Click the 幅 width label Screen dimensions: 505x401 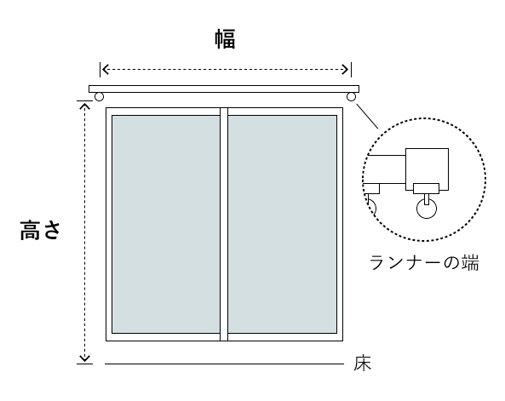[225, 39]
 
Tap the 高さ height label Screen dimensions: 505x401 [40, 230]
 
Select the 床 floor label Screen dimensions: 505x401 [362, 364]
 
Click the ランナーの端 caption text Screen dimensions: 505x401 [424, 262]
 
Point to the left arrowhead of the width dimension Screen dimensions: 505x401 [105, 69]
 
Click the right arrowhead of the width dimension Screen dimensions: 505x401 [346, 69]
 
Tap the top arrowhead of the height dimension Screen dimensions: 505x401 [84, 106]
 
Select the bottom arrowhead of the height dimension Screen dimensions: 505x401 [84, 358]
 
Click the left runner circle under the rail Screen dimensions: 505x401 [99, 96]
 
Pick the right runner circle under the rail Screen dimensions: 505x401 [351, 96]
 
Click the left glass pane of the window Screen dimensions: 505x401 [166, 224]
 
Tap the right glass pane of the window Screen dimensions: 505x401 [283, 224]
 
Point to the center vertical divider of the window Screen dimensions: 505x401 [224, 224]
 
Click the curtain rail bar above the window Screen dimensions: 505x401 [224, 89]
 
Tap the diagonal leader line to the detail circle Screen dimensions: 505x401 [367, 116]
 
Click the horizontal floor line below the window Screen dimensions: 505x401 [224, 364]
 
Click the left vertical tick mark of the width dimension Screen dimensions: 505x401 [100, 70]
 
